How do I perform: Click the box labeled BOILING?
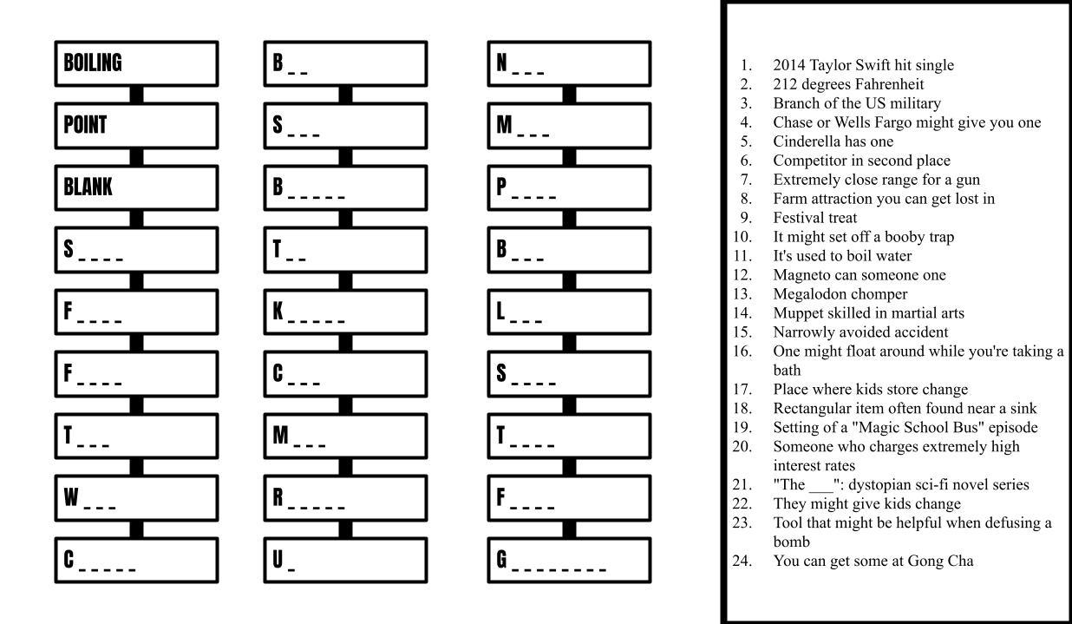click(136, 63)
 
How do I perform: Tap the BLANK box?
click(136, 187)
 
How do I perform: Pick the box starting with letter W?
click(136, 498)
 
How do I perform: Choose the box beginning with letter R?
click(345, 498)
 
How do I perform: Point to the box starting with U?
click(345, 561)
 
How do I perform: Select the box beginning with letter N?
click(569, 63)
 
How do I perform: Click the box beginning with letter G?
click(569, 561)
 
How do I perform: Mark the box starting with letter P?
click(569, 187)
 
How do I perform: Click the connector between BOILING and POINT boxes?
click(136, 95)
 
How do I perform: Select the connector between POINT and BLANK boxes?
click(136, 157)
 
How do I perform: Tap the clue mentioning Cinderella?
click(833, 141)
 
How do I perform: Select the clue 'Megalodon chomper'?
click(840, 294)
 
